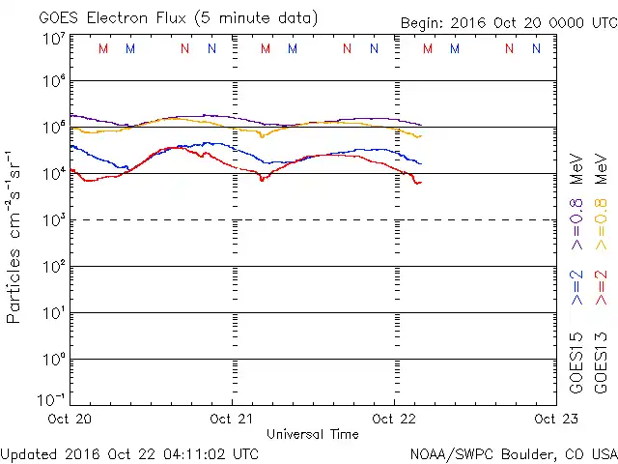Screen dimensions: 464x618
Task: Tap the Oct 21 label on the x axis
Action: [x=233, y=420]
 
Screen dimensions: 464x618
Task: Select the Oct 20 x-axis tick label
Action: [x=70, y=420]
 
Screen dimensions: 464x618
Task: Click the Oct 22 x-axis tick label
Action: [x=394, y=420]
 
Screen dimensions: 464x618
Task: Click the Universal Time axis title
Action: [x=312, y=434]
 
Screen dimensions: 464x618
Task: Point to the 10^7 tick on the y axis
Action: [x=53, y=39]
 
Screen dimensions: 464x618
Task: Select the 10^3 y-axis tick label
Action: [x=53, y=220]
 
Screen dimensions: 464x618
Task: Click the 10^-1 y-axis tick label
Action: [x=53, y=400]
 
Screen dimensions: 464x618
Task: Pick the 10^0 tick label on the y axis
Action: [x=53, y=360]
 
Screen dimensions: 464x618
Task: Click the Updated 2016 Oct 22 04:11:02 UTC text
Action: [x=129, y=452]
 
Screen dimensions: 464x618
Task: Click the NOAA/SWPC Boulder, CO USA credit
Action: [x=513, y=452]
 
